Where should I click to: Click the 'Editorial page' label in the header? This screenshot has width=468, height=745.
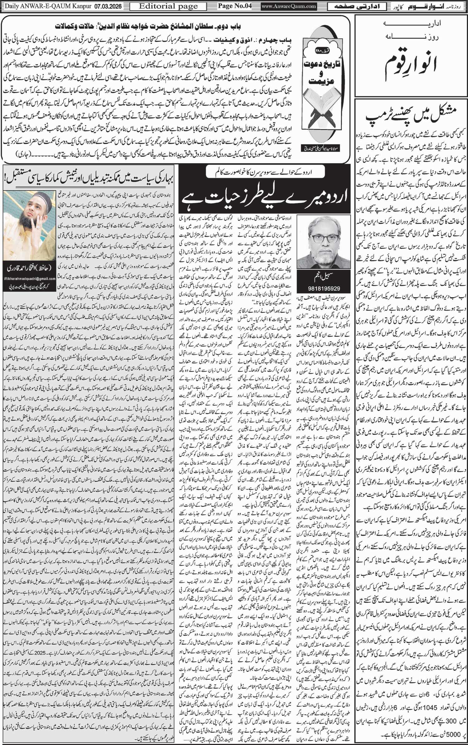(x=168, y=6)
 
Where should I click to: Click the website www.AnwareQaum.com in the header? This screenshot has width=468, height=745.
(x=289, y=6)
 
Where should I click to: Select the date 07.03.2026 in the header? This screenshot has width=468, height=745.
(x=109, y=6)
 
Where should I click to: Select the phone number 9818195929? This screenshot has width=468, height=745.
(x=324, y=288)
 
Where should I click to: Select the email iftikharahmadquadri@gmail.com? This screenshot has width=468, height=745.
(x=30, y=279)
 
